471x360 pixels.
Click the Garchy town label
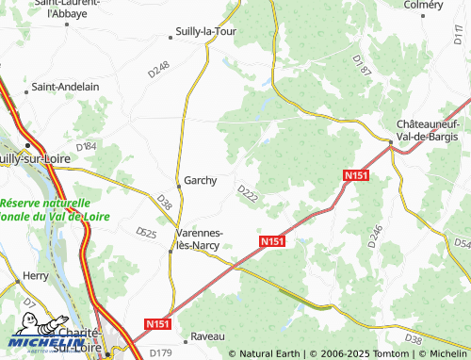click(201, 180)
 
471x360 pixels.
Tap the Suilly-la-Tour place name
click(205, 32)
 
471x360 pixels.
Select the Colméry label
click(423, 5)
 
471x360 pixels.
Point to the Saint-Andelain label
click(66, 86)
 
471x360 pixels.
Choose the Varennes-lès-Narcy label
click(200, 238)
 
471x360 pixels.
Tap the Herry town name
click(35, 276)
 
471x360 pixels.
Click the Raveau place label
click(207, 335)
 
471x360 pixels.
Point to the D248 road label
click(159, 68)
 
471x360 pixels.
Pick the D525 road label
click(145, 232)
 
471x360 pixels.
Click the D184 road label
click(86, 146)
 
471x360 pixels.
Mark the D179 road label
click(161, 352)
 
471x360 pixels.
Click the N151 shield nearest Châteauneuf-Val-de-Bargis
click(355, 175)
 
